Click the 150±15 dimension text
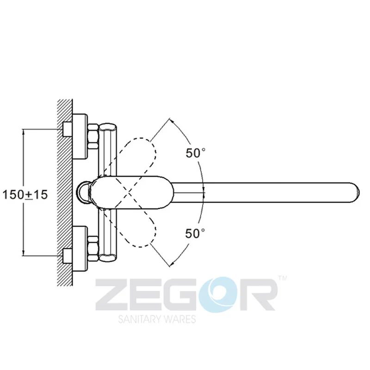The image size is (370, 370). [25, 195]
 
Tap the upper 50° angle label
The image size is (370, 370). [196, 153]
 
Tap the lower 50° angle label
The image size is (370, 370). [195, 234]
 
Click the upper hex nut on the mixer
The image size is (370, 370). [93, 136]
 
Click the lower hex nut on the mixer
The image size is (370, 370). [93, 248]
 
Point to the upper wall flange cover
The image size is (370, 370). [80, 136]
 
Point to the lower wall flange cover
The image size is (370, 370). [80, 248]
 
